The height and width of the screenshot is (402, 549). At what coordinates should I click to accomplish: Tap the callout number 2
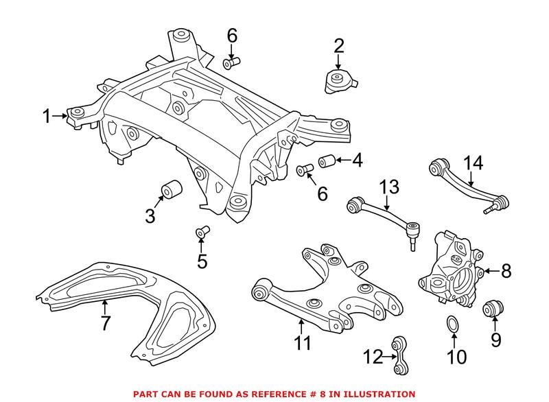point(339,47)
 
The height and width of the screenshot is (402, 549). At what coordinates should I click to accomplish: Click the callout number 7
point(105,323)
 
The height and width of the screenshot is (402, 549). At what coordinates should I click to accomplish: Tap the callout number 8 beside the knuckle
point(506,271)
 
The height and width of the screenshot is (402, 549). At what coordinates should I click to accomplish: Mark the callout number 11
point(301,341)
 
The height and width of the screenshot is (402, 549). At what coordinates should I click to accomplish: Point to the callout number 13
point(389,185)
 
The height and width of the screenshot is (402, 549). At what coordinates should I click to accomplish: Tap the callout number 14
point(473,163)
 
